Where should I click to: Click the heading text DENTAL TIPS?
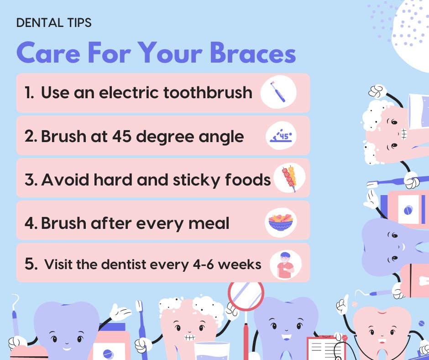pyautogui.click(x=54, y=23)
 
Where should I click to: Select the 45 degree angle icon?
pyautogui.click(x=281, y=136)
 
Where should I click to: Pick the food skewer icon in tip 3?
pyautogui.click(x=289, y=179)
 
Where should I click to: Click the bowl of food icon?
pyautogui.click(x=281, y=222)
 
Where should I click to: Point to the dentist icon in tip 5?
pyautogui.click(x=286, y=265)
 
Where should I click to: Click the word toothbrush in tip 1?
pyautogui.click(x=208, y=92)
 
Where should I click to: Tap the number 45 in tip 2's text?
pyautogui.click(x=122, y=136)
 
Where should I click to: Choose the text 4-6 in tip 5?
pyautogui.click(x=204, y=265)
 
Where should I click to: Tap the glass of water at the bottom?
pyautogui.click(x=212, y=351)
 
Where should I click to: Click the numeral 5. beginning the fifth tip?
pyautogui.click(x=31, y=264)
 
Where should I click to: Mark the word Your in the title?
pyautogui.click(x=170, y=53)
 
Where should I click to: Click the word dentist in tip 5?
pyautogui.click(x=124, y=265)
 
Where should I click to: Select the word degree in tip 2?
pyautogui.click(x=165, y=137)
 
